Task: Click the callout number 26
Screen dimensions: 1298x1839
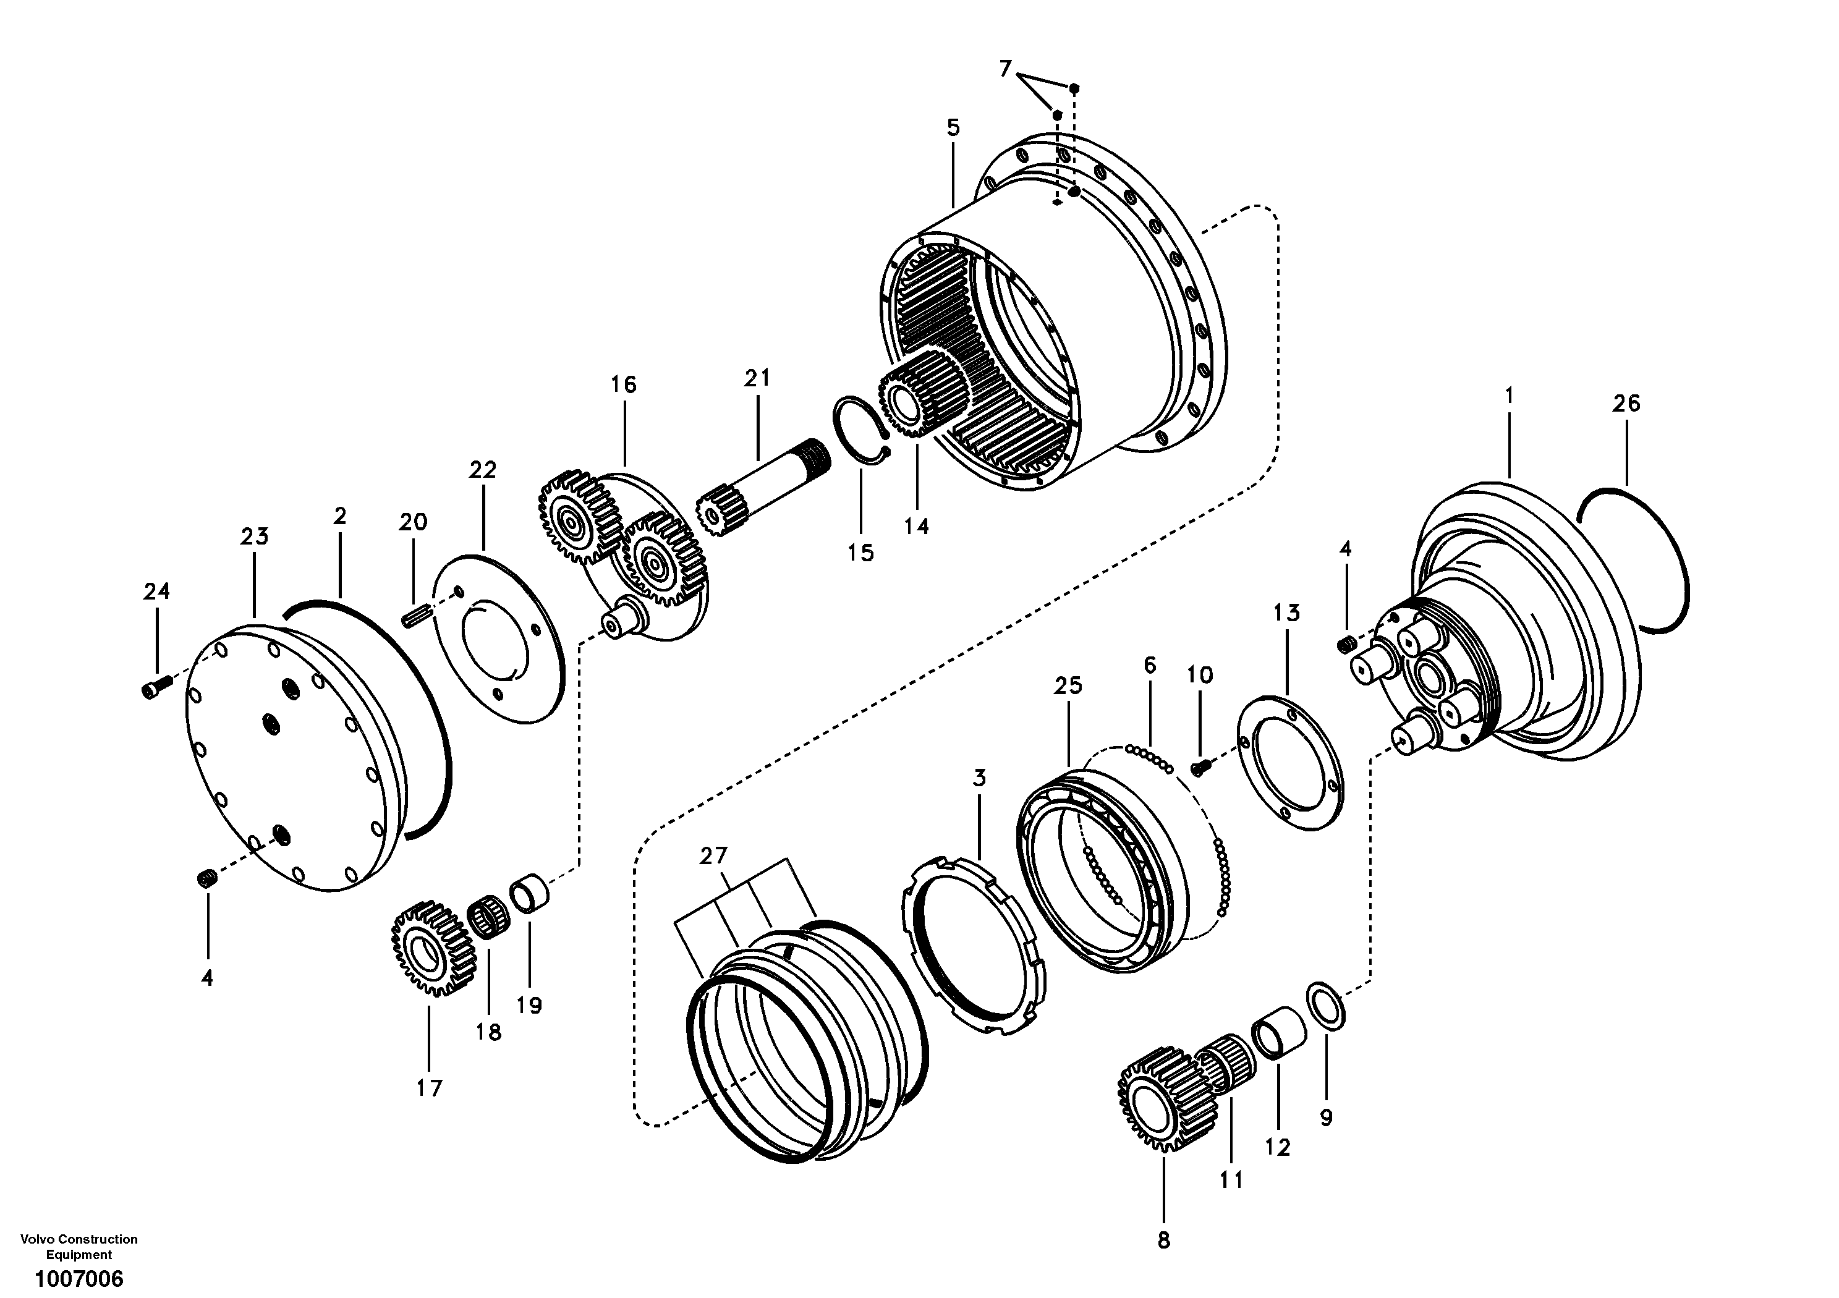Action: tap(1626, 404)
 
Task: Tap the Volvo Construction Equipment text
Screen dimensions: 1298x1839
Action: tap(79, 1247)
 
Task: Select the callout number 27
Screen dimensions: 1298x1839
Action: tap(713, 856)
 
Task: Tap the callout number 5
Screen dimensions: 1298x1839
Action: tap(953, 127)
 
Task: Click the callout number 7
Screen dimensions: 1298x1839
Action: tap(1005, 69)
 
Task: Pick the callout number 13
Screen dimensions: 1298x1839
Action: tap(1286, 613)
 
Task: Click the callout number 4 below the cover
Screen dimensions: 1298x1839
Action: tap(206, 978)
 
